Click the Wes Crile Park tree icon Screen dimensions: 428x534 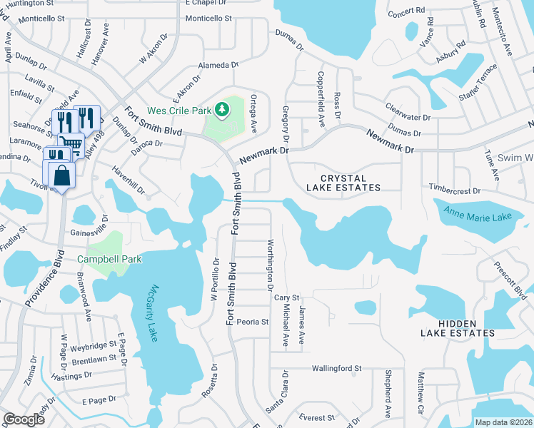click(222, 109)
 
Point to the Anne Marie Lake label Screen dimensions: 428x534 click(478, 212)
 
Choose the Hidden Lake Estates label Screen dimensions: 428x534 click(457, 328)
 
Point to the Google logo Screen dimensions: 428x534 click(24, 419)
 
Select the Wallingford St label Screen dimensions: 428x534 click(336, 369)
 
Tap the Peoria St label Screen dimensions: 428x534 click(252, 322)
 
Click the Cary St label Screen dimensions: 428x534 click(286, 298)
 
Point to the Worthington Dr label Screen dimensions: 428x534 click(271, 265)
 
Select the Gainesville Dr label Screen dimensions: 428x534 click(89, 233)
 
